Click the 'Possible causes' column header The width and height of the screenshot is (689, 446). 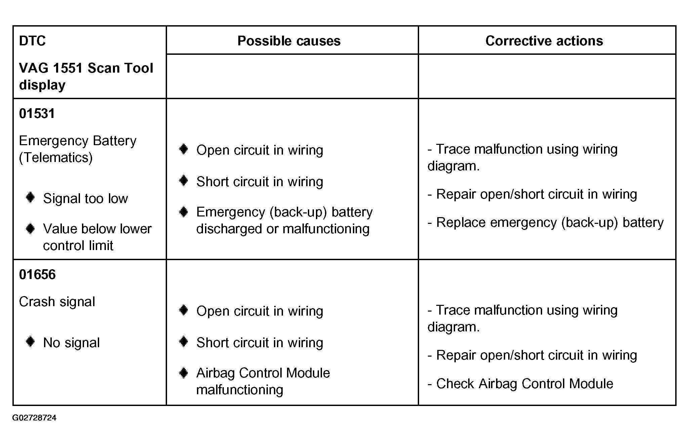(x=289, y=41)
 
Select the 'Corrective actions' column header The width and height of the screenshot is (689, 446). (x=544, y=41)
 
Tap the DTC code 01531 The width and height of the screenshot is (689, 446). (x=37, y=114)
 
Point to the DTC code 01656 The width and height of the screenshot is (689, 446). (x=37, y=275)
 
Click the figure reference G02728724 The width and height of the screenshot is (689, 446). (x=34, y=418)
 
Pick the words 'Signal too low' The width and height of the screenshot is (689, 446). (x=85, y=199)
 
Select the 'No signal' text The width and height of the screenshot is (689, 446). (x=71, y=343)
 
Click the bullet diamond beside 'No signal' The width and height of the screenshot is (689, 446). (x=30, y=342)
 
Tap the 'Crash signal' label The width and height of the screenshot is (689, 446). (x=57, y=302)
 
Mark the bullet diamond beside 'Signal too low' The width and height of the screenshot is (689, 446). (x=30, y=197)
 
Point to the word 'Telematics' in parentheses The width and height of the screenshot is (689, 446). (x=56, y=158)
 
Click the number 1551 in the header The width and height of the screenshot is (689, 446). (x=68, y=68)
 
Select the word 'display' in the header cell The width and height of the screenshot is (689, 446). (x=42, y=85)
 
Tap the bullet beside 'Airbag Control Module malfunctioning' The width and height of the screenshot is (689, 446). (x=184, y=373)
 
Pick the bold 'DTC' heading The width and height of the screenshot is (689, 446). (x=32, y=41)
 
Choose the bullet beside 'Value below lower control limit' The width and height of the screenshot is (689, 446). (x=30, y=229)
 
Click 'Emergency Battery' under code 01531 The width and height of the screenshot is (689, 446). (x=78, y=140)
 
